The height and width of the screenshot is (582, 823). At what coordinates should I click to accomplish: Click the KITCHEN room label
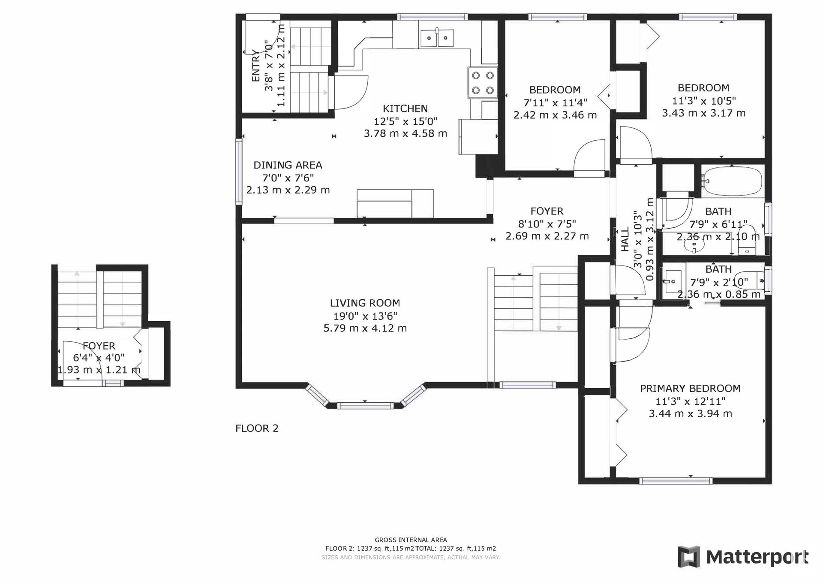405,109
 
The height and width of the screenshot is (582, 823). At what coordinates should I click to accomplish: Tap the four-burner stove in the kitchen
483,83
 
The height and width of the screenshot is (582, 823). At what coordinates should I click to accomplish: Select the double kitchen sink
436,38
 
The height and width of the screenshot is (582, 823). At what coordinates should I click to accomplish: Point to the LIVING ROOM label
365,303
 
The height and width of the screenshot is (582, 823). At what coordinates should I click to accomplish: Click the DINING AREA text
288,165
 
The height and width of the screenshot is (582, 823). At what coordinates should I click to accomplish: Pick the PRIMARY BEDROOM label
690,389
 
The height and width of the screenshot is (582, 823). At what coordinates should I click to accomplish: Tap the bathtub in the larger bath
732,181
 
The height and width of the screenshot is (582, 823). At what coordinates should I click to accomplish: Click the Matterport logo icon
688,557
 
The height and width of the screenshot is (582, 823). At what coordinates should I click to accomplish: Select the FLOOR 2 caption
257,428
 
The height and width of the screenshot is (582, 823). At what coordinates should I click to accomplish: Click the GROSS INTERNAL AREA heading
411,540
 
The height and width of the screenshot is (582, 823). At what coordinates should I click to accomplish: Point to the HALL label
625,239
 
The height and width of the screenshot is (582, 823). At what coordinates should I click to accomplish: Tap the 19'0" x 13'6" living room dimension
365,316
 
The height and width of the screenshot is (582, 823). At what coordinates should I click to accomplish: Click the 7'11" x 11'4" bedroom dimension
555,103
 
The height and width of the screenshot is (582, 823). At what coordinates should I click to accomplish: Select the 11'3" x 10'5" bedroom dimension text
704,101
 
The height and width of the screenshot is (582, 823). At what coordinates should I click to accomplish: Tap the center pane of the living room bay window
365,405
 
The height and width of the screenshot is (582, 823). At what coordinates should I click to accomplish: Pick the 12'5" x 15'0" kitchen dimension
405,121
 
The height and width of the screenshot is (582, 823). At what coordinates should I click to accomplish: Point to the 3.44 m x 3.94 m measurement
690,414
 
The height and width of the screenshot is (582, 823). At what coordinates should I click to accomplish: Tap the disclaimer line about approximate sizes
411,558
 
